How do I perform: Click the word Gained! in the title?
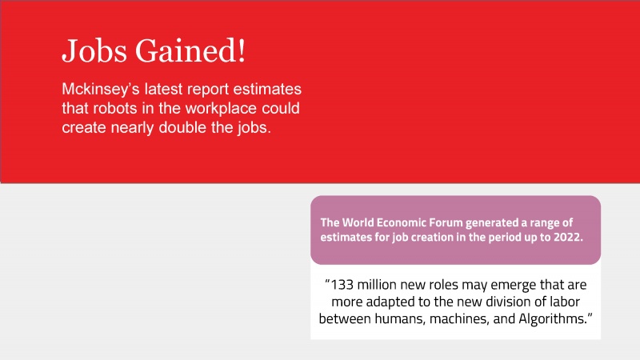point(190,51)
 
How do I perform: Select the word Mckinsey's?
point(101,90)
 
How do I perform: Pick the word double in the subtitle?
point(182,128)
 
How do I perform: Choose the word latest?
point(166,90)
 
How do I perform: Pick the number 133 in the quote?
point(342,285)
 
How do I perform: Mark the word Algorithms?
point(552,318)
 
